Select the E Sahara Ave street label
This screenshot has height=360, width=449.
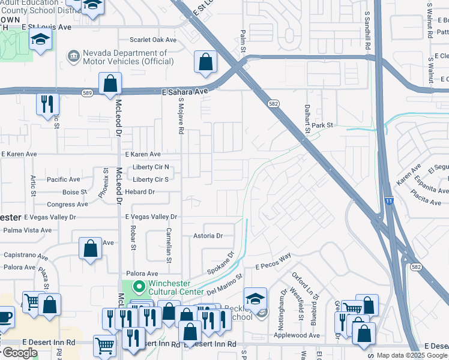click(x=185, y=91)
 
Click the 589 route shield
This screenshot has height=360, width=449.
click(x=88, y=92)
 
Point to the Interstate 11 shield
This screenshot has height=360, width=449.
click(x=390, y=202)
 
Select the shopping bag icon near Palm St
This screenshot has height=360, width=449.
click(x=205, y=61)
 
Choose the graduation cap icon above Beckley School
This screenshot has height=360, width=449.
click(x=255, y=298)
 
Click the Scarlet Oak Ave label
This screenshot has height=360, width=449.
click(x=153, y=40)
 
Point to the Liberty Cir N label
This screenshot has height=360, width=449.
click(x=151, y=167)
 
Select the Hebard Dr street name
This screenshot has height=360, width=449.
click(x=139, y=191)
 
